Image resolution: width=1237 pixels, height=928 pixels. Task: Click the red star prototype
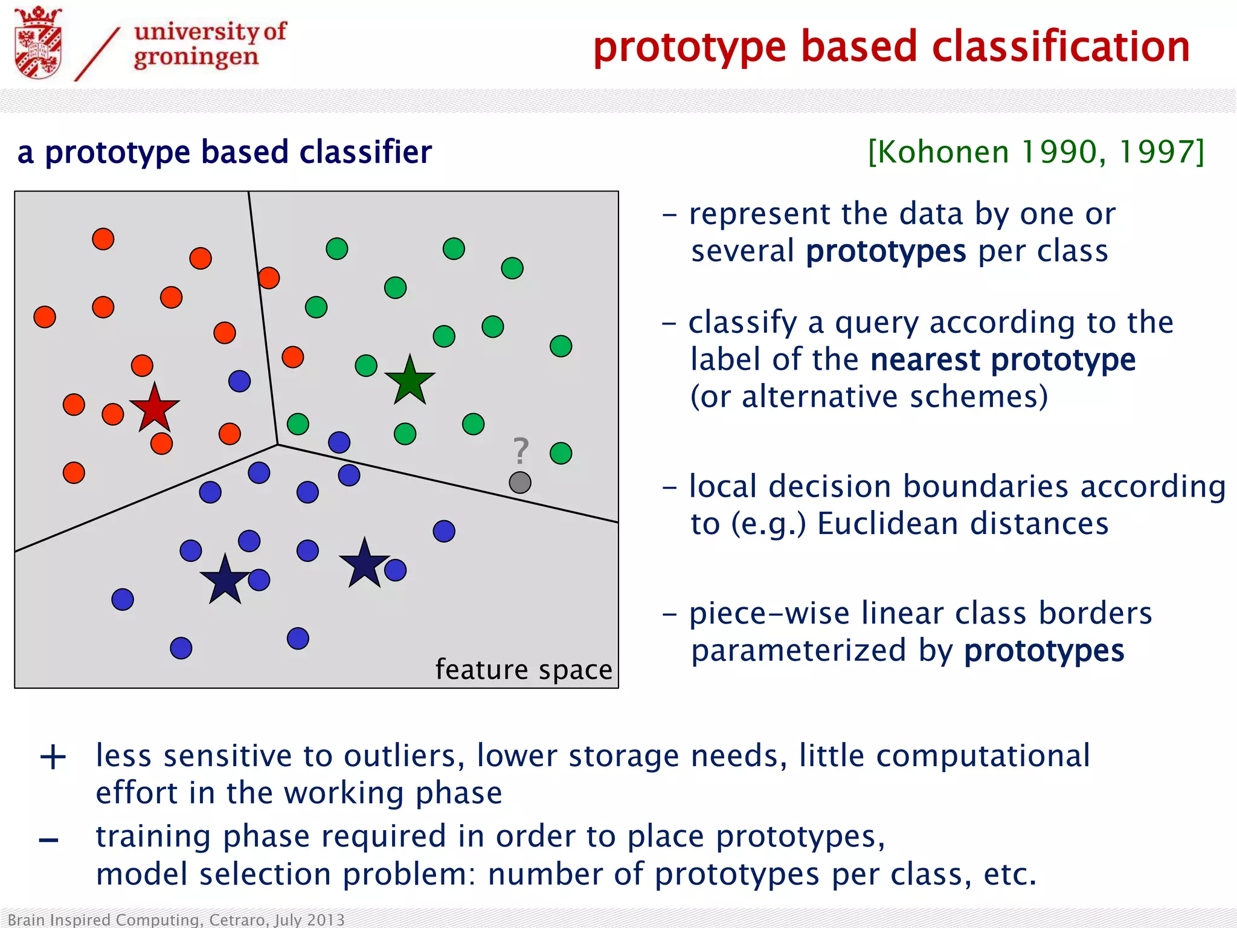click(155, 408)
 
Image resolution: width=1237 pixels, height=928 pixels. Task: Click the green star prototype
click(410, 381)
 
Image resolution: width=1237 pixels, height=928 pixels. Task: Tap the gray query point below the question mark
click(520, 483)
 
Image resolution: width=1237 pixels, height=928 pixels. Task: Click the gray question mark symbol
click(520, 451)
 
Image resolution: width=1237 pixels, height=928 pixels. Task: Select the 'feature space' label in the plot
click(524, 669)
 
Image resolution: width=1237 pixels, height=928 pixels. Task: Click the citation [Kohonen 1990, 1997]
click(1036, 152)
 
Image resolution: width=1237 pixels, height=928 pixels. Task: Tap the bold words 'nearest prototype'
click(1003, 359)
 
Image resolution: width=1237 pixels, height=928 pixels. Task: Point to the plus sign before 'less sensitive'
click(53, 757)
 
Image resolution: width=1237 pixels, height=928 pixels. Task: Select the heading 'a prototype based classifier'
click(225, 152)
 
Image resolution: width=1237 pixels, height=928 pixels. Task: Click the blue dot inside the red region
click(240, 381)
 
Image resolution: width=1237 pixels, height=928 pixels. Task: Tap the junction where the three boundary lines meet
click(278, 445)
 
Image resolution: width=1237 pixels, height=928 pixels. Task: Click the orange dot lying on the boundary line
click(269, 278)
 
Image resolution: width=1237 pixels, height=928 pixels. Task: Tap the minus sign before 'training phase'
click(49, 840)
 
